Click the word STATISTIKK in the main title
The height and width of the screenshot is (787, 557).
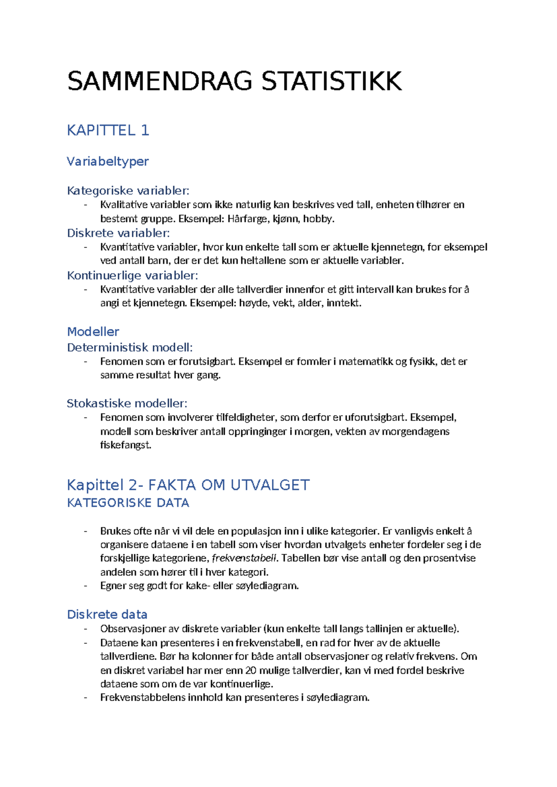point(331,81)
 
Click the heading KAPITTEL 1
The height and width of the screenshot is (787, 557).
point(108,130)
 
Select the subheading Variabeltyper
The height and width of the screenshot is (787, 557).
point(108,161)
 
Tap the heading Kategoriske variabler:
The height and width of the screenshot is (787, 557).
point(128,191)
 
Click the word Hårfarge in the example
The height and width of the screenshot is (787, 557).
point(247,219)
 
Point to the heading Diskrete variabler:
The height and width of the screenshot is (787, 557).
point(118,233)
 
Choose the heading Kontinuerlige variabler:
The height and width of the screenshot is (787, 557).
point(132,276)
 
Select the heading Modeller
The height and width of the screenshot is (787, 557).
point(93,332)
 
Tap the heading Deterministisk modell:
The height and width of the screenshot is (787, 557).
point(130,348)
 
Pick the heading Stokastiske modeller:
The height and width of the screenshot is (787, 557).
point(127,403)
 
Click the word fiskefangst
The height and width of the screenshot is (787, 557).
point(125,445)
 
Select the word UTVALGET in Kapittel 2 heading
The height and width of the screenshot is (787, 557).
point(270,485)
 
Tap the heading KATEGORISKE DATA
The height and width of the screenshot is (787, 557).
point(128,503)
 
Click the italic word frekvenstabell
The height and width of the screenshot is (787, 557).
point(244,558)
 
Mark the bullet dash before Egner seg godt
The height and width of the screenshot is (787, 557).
point(85,586)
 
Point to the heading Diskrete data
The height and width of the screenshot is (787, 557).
point(107,615)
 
